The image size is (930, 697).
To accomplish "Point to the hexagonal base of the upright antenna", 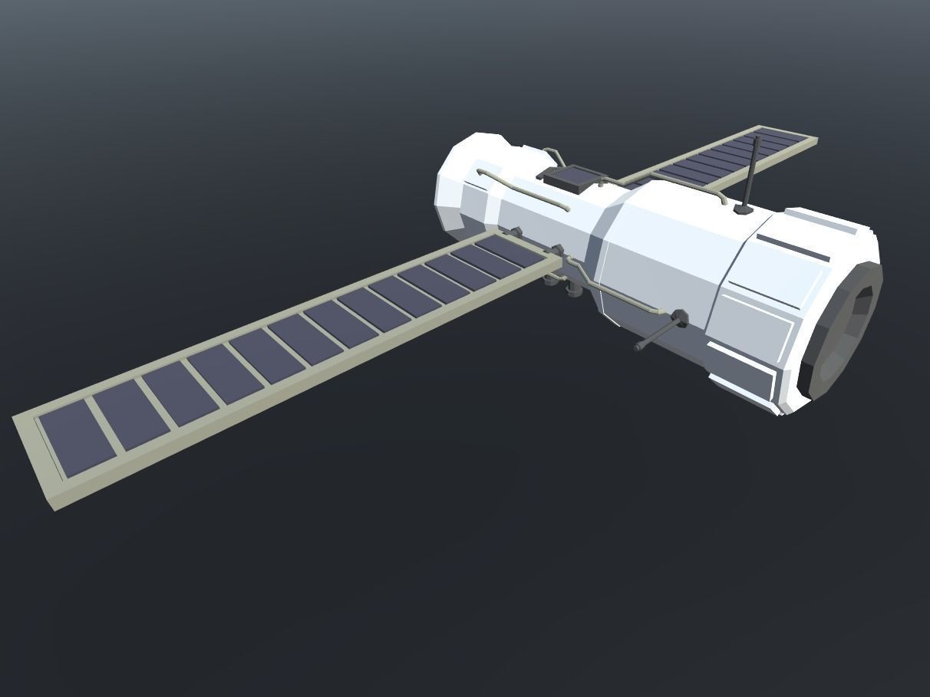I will (x=743, y=209).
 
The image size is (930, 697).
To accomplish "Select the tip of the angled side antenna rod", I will (x=638, y=347).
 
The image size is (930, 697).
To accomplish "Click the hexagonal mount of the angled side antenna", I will (x=678, y=317).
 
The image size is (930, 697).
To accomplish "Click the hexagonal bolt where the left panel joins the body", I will (x=557, y=250).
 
